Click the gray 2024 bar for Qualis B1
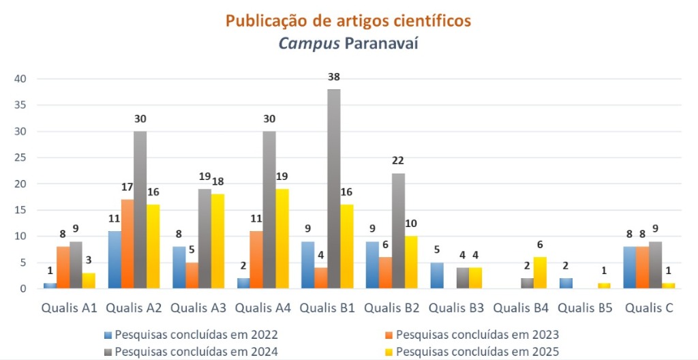pos(333,189)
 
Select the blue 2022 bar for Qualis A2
pos(115,260)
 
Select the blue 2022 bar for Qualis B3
pos(437,275)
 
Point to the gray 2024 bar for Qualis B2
pos(397,231)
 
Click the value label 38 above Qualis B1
pos(333,78)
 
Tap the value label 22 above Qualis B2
pos(398,162)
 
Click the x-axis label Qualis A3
pos(198,308)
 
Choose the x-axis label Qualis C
pos(649,308)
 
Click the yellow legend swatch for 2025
pos(389,352)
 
